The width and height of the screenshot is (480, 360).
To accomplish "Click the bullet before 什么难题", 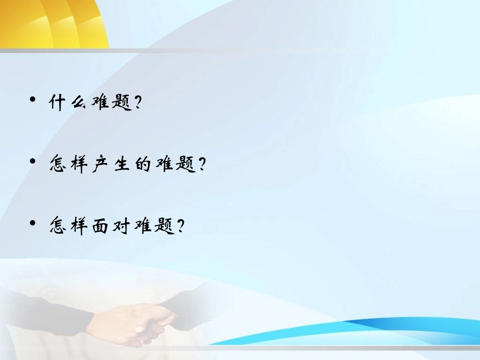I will click(33, 99).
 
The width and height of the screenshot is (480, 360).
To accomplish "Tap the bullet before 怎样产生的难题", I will click(33, 161).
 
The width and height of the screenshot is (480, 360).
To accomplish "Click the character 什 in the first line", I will click(57, 103).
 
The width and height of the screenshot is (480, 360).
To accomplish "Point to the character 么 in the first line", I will click(78, 103).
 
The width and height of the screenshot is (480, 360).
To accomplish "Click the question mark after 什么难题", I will click(136, 103).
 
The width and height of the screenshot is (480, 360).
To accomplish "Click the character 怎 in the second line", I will click(57, 165).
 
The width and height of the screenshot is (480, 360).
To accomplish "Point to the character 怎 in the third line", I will click(57, 226).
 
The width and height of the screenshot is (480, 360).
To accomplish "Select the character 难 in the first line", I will click(100, 103).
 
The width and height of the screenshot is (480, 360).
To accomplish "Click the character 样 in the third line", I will click(78, 226).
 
